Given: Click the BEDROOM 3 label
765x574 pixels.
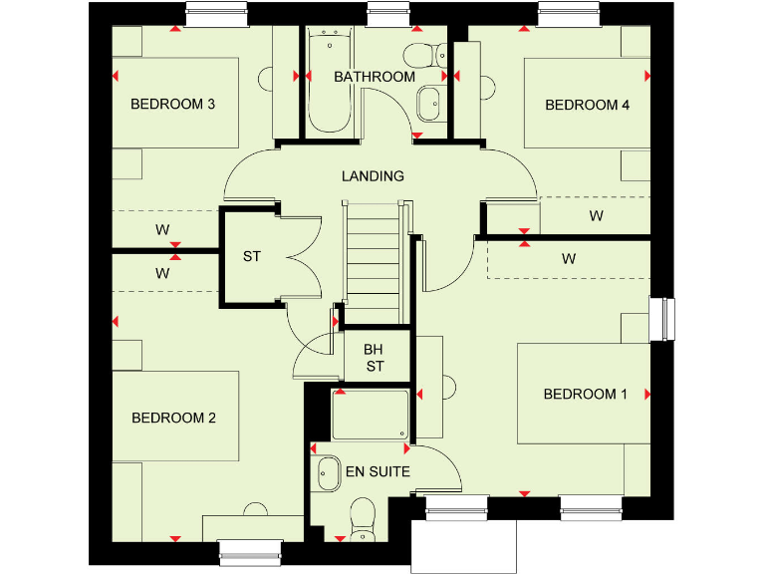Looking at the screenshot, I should click(173, 105).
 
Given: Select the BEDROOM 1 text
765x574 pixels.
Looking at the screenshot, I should click(585, 395).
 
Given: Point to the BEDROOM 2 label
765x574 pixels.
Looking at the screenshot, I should click(173, 418).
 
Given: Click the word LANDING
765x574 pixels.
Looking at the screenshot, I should click(373, 176).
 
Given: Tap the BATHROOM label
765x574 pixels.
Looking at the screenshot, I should click(375, 77).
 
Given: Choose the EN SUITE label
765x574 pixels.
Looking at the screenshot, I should click(378, 471).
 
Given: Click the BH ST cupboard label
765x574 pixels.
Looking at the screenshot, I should click(374, 358).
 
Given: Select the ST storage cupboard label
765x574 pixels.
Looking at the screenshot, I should click(251, 256).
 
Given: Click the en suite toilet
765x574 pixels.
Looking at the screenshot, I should click(363, 516).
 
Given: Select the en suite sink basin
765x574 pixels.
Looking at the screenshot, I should click(327, 472).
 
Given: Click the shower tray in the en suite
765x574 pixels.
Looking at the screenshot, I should click(370, 415).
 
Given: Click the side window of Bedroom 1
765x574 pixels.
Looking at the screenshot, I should click(661, 320).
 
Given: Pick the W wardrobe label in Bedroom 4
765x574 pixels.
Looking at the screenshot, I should click(596, 215).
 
